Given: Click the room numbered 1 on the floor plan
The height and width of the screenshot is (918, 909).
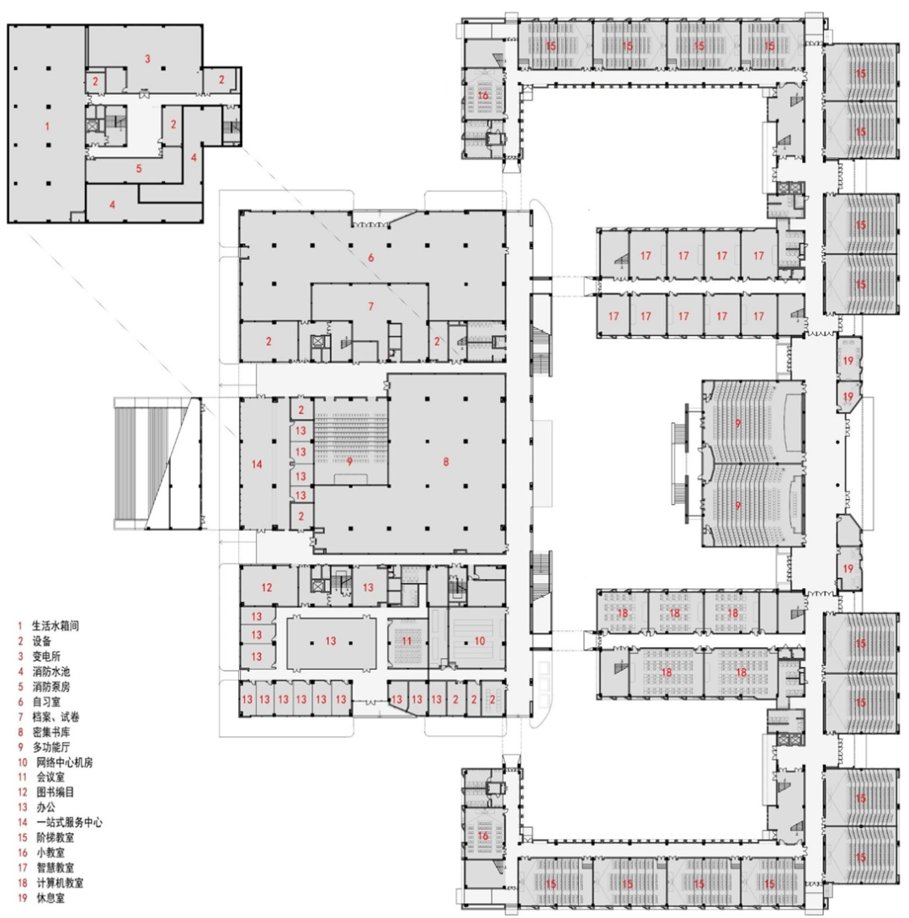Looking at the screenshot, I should [x=47, y=125].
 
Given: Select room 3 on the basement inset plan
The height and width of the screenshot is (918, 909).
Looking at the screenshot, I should [x=146, y=59].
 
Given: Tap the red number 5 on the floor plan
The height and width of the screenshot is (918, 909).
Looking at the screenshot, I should [x=139, y=168].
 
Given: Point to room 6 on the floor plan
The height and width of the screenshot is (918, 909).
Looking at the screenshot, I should [x=369, y=256].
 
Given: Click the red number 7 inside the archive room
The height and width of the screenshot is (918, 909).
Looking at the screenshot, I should [x=369, y=307].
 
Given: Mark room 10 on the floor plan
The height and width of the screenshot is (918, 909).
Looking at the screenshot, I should [x=479, y=640].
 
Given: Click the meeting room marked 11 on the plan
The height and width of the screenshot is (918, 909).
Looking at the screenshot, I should [x=407, y=640].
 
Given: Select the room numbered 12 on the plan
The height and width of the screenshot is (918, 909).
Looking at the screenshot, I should [x=267, y=587].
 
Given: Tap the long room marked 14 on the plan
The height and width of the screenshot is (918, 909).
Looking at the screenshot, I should [x=257, y=463].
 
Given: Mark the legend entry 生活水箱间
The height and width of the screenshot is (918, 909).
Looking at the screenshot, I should [x=57, y=626].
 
